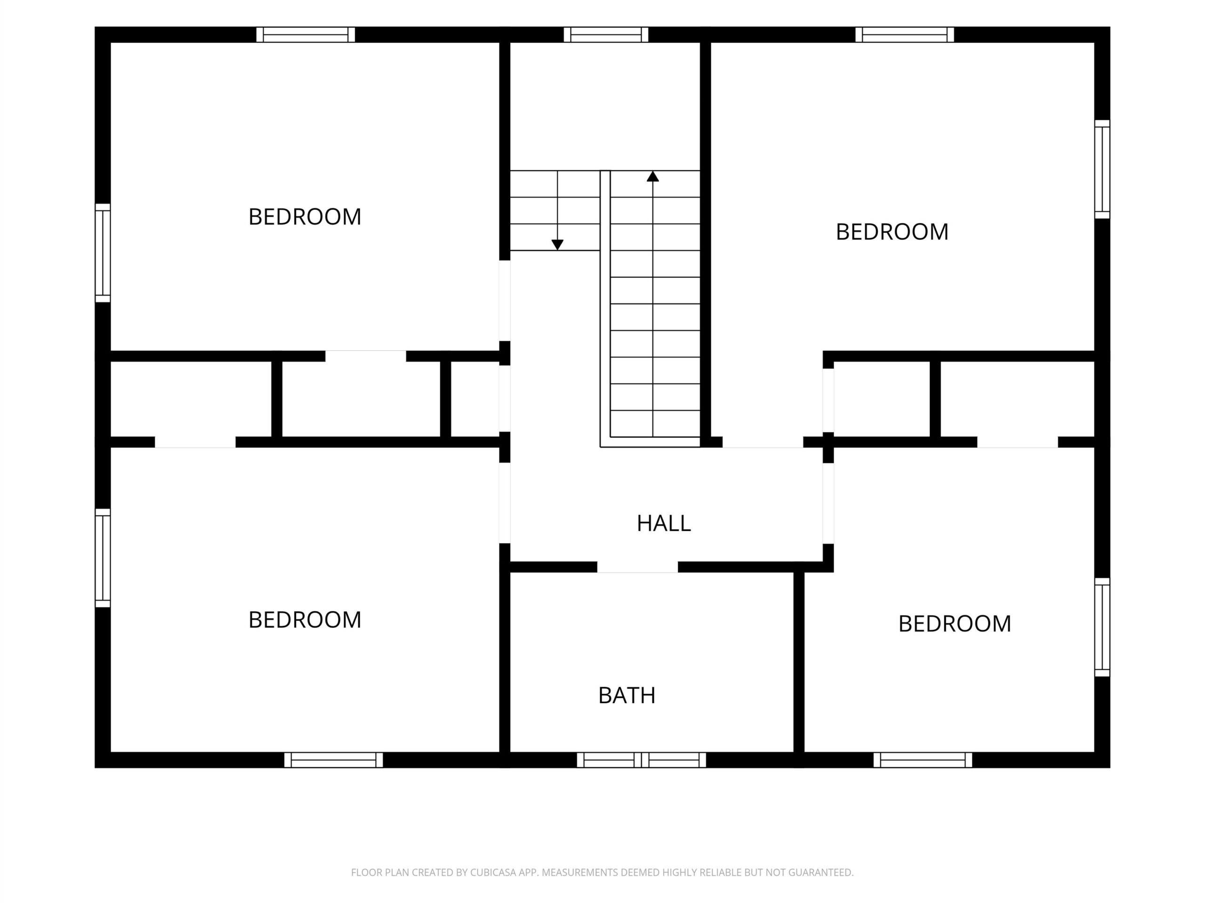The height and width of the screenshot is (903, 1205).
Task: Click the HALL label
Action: pyautogui.click(x=664, y=523)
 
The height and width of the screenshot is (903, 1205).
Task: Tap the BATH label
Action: pyautogui.click(x=627, y=695)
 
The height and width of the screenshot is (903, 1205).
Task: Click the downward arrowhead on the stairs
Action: pyautogui.click(x=557, y=245)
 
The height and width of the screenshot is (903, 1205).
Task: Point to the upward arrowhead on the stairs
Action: pyautogui.click(x=652, y=176)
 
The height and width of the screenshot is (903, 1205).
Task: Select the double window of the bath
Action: pyautogui.click(x=641, y=760)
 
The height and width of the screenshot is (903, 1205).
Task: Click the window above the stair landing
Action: pyautogui.click(x=606, y=34)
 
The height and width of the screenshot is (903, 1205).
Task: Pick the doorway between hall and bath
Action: pyautogui.click(x=637, y=567)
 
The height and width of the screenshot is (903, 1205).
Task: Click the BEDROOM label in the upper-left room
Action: pyautogui.click(x=305, y=217)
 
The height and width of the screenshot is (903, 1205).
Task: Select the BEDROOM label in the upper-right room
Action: pyautogui.click(x=892, y=232)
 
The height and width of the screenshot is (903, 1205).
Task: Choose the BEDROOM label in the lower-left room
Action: pyautogui.click(x=305, y=619)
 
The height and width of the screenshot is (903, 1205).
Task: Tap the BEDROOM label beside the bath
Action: pyautogui.click(x=955, y=624)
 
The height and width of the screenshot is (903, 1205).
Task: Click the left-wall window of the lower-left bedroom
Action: pyautogui.click(x=103, y=558)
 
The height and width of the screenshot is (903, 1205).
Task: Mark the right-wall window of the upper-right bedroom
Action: pyautogui.click(x=1102, y=169)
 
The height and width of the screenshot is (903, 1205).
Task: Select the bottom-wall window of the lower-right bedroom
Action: pyautogui.click(x=923, y=760)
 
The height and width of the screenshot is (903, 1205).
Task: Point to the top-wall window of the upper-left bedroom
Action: pyautogui.click(x=305, y=34)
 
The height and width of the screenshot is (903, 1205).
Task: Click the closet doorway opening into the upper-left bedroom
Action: pyautogui.click(x=366, y=356)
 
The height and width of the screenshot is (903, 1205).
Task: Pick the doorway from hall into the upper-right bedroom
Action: pyautogui.click(x=763, y=442)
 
